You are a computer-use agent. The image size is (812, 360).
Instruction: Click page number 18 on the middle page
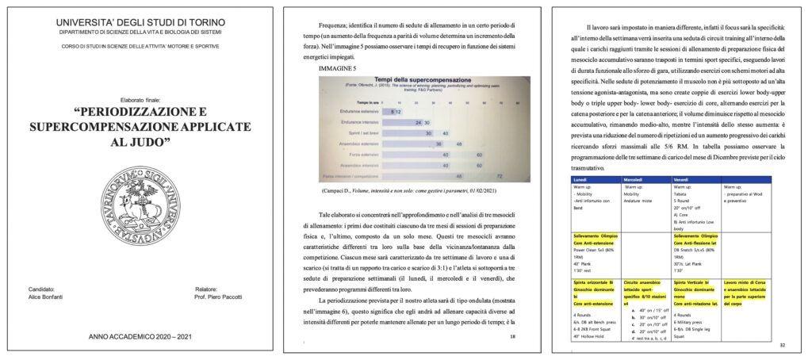[513, 337]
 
